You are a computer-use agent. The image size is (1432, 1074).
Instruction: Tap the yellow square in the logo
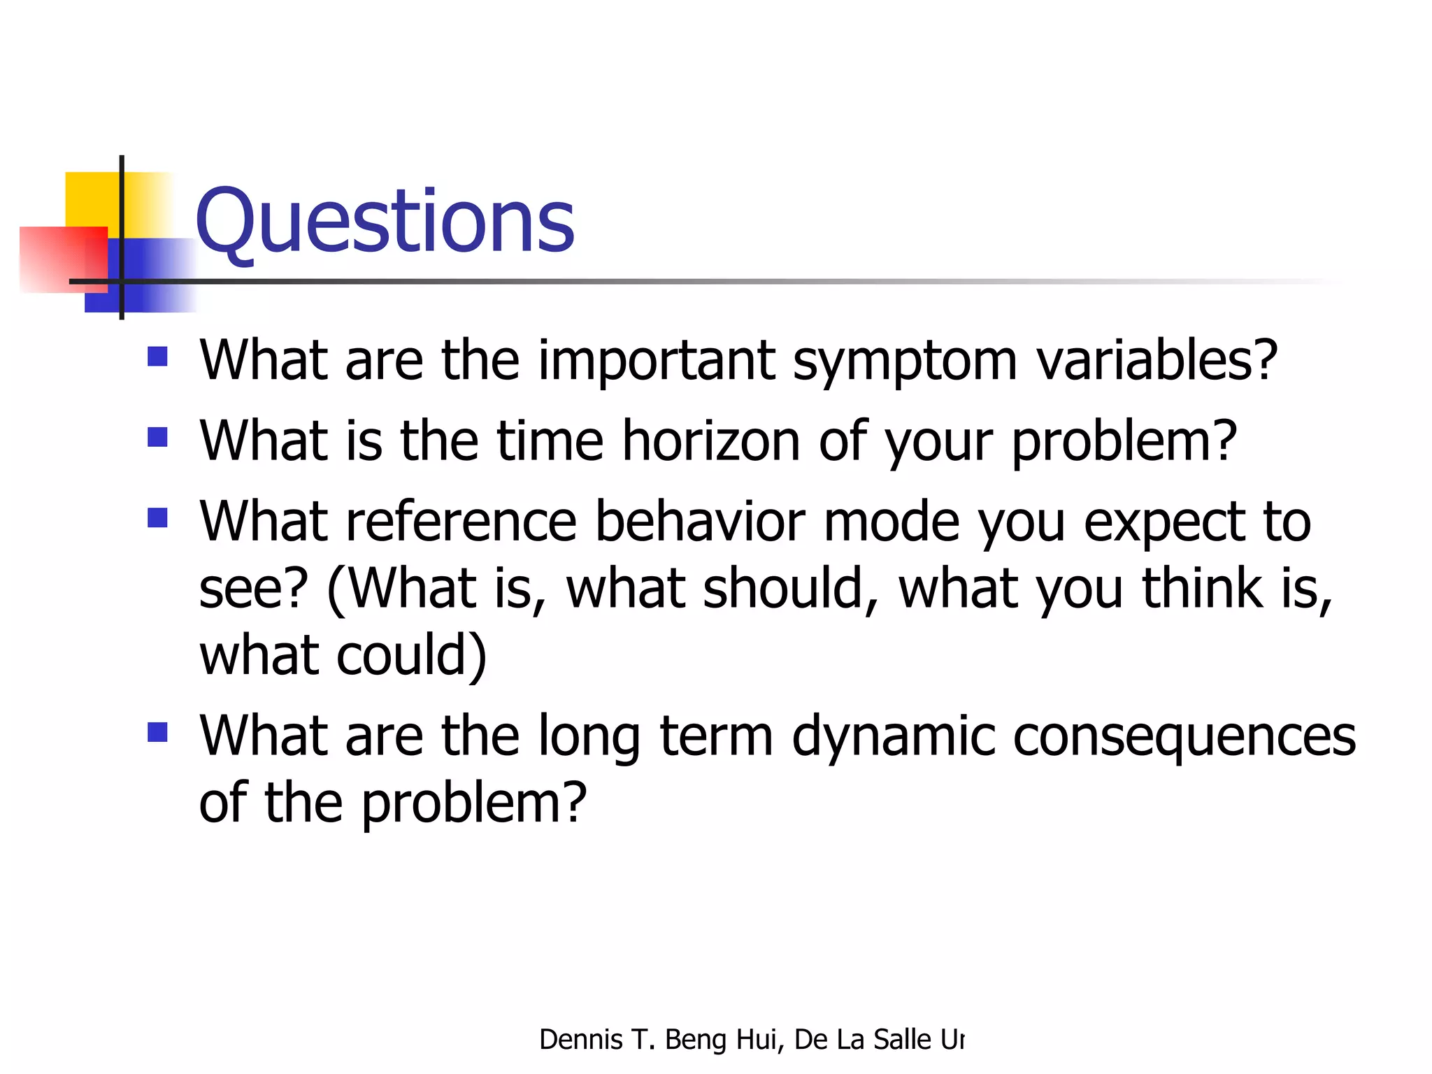[91, 199]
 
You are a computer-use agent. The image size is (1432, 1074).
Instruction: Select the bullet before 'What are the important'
[158, 357]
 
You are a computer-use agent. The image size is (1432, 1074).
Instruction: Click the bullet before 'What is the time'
[158, 438]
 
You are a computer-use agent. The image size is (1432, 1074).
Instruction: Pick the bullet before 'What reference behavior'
[158, 518]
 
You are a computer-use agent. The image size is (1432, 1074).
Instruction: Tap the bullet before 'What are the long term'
[158, 732]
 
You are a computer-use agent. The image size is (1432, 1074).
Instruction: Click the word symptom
[905, 361]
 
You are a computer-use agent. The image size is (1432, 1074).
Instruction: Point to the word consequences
[1184, 737]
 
